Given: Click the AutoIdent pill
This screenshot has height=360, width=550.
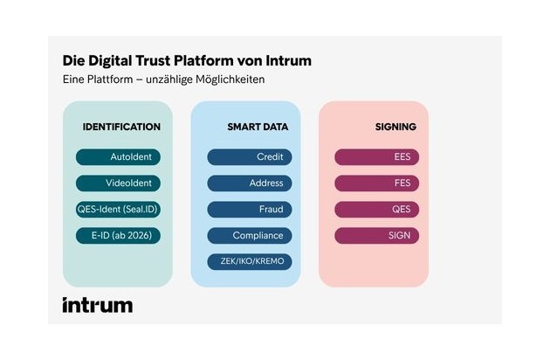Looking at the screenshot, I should point(118,157).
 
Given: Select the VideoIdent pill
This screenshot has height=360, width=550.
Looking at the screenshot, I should point(118,183).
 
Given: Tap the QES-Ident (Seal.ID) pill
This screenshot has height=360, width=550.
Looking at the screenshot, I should point(118,210).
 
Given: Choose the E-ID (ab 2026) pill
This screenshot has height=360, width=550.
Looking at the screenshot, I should point(118,236).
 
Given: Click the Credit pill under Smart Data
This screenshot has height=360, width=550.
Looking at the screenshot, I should point(249,157).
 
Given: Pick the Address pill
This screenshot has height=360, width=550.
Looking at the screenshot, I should point(249,183).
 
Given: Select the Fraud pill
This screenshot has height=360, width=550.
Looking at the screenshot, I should point(249,210).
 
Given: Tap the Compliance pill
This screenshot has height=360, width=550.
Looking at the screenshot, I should point(249,236).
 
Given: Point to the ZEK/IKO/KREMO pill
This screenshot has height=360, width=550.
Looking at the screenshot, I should point(249,262).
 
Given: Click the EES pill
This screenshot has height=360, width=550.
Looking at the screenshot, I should point(377,157).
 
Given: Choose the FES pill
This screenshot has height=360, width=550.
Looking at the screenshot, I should point(377,183).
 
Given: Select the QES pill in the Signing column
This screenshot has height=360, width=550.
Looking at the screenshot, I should point(377,210).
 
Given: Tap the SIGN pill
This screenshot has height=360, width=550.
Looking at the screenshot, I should point(377,236).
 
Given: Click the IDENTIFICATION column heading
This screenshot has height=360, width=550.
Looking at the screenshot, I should point(121,127).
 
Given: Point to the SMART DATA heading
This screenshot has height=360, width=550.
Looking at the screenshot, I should point(258,127).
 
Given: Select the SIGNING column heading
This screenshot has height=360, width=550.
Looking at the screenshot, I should point(396,127).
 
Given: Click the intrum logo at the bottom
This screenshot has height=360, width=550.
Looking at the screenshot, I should point(97,305).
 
